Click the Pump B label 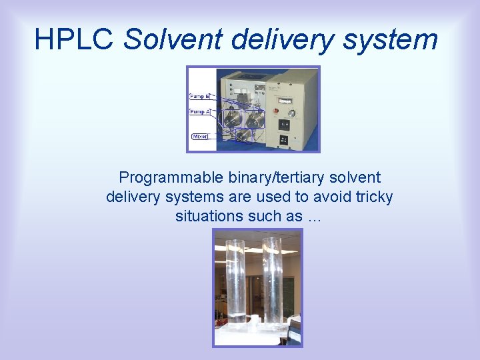click(x=199, y=97)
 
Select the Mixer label click(x=200, y=137)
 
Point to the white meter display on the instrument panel click(x=285, y=100)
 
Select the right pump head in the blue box click(x=254, y=119)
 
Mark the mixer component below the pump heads click(x=244, y=135)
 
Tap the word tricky click(x=373, y=197)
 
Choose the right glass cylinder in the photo click(x=272, y=280)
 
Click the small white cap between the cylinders click(x=253, y=319)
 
